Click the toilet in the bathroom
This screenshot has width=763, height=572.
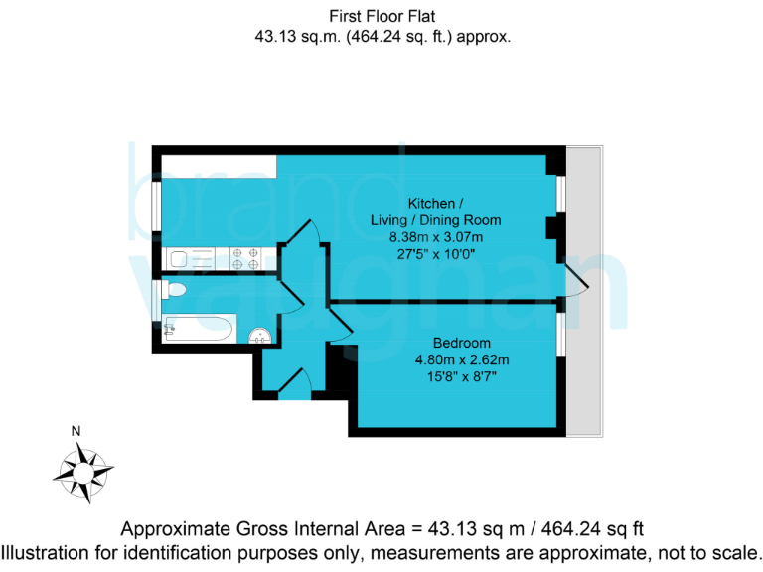[x=174, y=290]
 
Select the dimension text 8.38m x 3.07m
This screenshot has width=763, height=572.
[x=435, y=236]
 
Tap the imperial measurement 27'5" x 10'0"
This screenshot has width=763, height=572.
[x=435, y=253]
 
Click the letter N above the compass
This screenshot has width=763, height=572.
[x=76, y=431]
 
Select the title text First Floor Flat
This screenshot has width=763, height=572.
[x=382, y=16]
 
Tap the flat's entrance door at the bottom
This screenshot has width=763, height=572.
[x=294, y=383]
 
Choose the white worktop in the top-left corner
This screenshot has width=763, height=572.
[x=220, y=165]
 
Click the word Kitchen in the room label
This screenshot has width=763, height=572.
[x=433, y=203]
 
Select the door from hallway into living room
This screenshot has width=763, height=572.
[x=302, y=243]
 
